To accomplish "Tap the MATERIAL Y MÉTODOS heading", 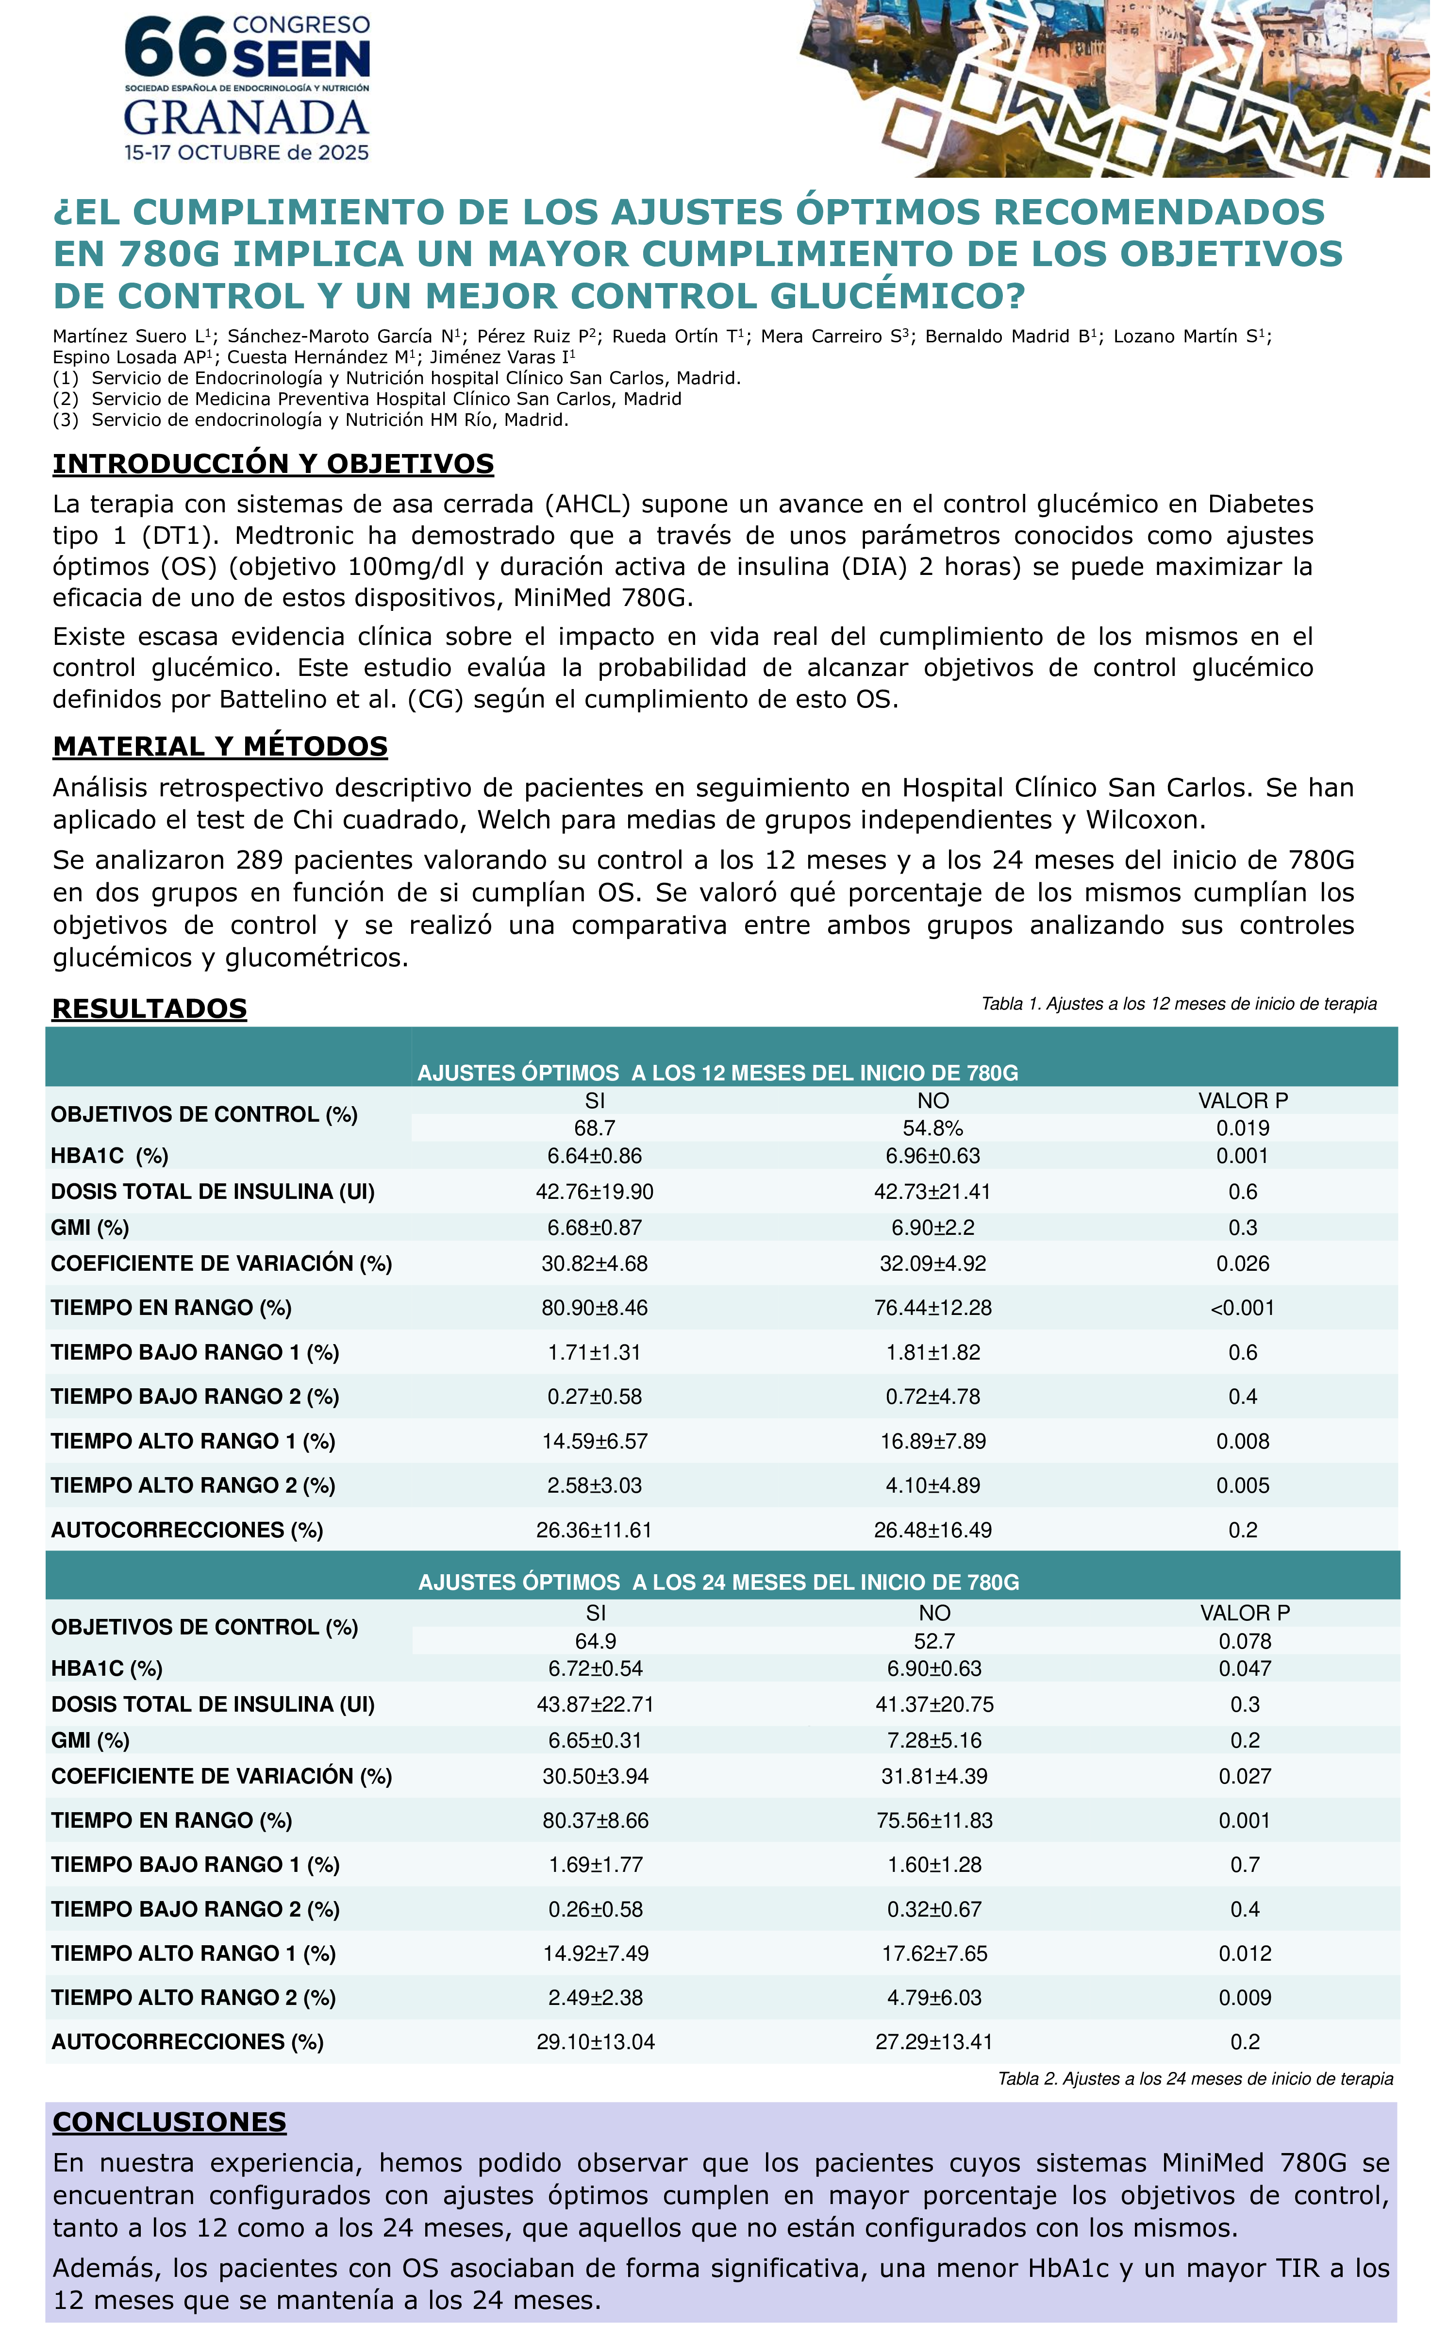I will (220, 746).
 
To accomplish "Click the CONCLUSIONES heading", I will (169, 2121).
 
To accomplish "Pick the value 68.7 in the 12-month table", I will (595, 1128).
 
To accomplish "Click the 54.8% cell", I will (932, 1128).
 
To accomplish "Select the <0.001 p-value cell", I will (1242, 1308).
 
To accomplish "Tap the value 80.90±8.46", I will (595, 1308).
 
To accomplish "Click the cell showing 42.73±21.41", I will (932, 1192).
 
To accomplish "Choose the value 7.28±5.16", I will (934, 1741).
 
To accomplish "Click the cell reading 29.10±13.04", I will (596, 2042).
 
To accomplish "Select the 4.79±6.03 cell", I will (934, 1998).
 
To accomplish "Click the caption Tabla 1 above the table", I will (1179, 1004).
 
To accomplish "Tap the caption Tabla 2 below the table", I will (1195, 2079).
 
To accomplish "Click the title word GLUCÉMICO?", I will (898, 296).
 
